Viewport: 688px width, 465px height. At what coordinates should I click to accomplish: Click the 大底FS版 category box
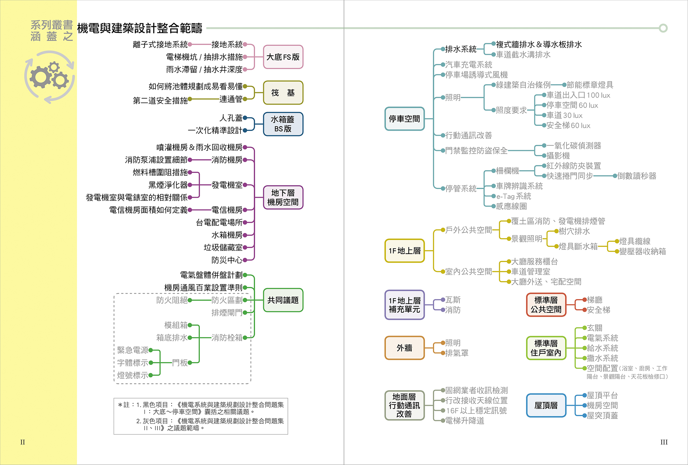coord(283,57)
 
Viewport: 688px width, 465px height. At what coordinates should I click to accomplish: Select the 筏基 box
coord(283,93)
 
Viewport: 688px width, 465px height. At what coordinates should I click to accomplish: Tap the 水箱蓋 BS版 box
coord(283,124)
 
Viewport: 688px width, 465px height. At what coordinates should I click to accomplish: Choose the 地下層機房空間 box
coord(283,198)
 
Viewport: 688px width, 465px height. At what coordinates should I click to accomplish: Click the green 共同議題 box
coord(283,300)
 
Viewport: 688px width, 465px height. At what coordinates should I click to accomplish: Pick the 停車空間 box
coord(404,119)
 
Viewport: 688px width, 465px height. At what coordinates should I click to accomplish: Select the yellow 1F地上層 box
coord(404,251)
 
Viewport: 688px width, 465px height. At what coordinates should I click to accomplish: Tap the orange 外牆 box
coord(404,348)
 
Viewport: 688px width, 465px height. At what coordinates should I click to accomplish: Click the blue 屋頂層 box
coord(546,406)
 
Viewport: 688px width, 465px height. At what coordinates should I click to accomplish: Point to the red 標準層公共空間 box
coord(546,305)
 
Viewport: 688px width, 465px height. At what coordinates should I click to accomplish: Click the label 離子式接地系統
coord(160,44)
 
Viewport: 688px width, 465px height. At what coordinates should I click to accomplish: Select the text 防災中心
coord(227,260)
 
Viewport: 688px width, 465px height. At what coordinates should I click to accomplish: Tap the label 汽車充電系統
coord(469,65)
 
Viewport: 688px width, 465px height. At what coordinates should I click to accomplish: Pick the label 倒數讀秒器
coord(637,176)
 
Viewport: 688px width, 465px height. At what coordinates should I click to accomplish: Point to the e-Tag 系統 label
coord(514,196)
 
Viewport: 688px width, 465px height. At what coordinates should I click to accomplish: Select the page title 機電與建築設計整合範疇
coord(140,28)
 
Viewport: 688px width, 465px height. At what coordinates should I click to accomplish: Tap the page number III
coord(664,442)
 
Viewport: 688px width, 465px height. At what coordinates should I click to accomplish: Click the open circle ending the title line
coord(663,28)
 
